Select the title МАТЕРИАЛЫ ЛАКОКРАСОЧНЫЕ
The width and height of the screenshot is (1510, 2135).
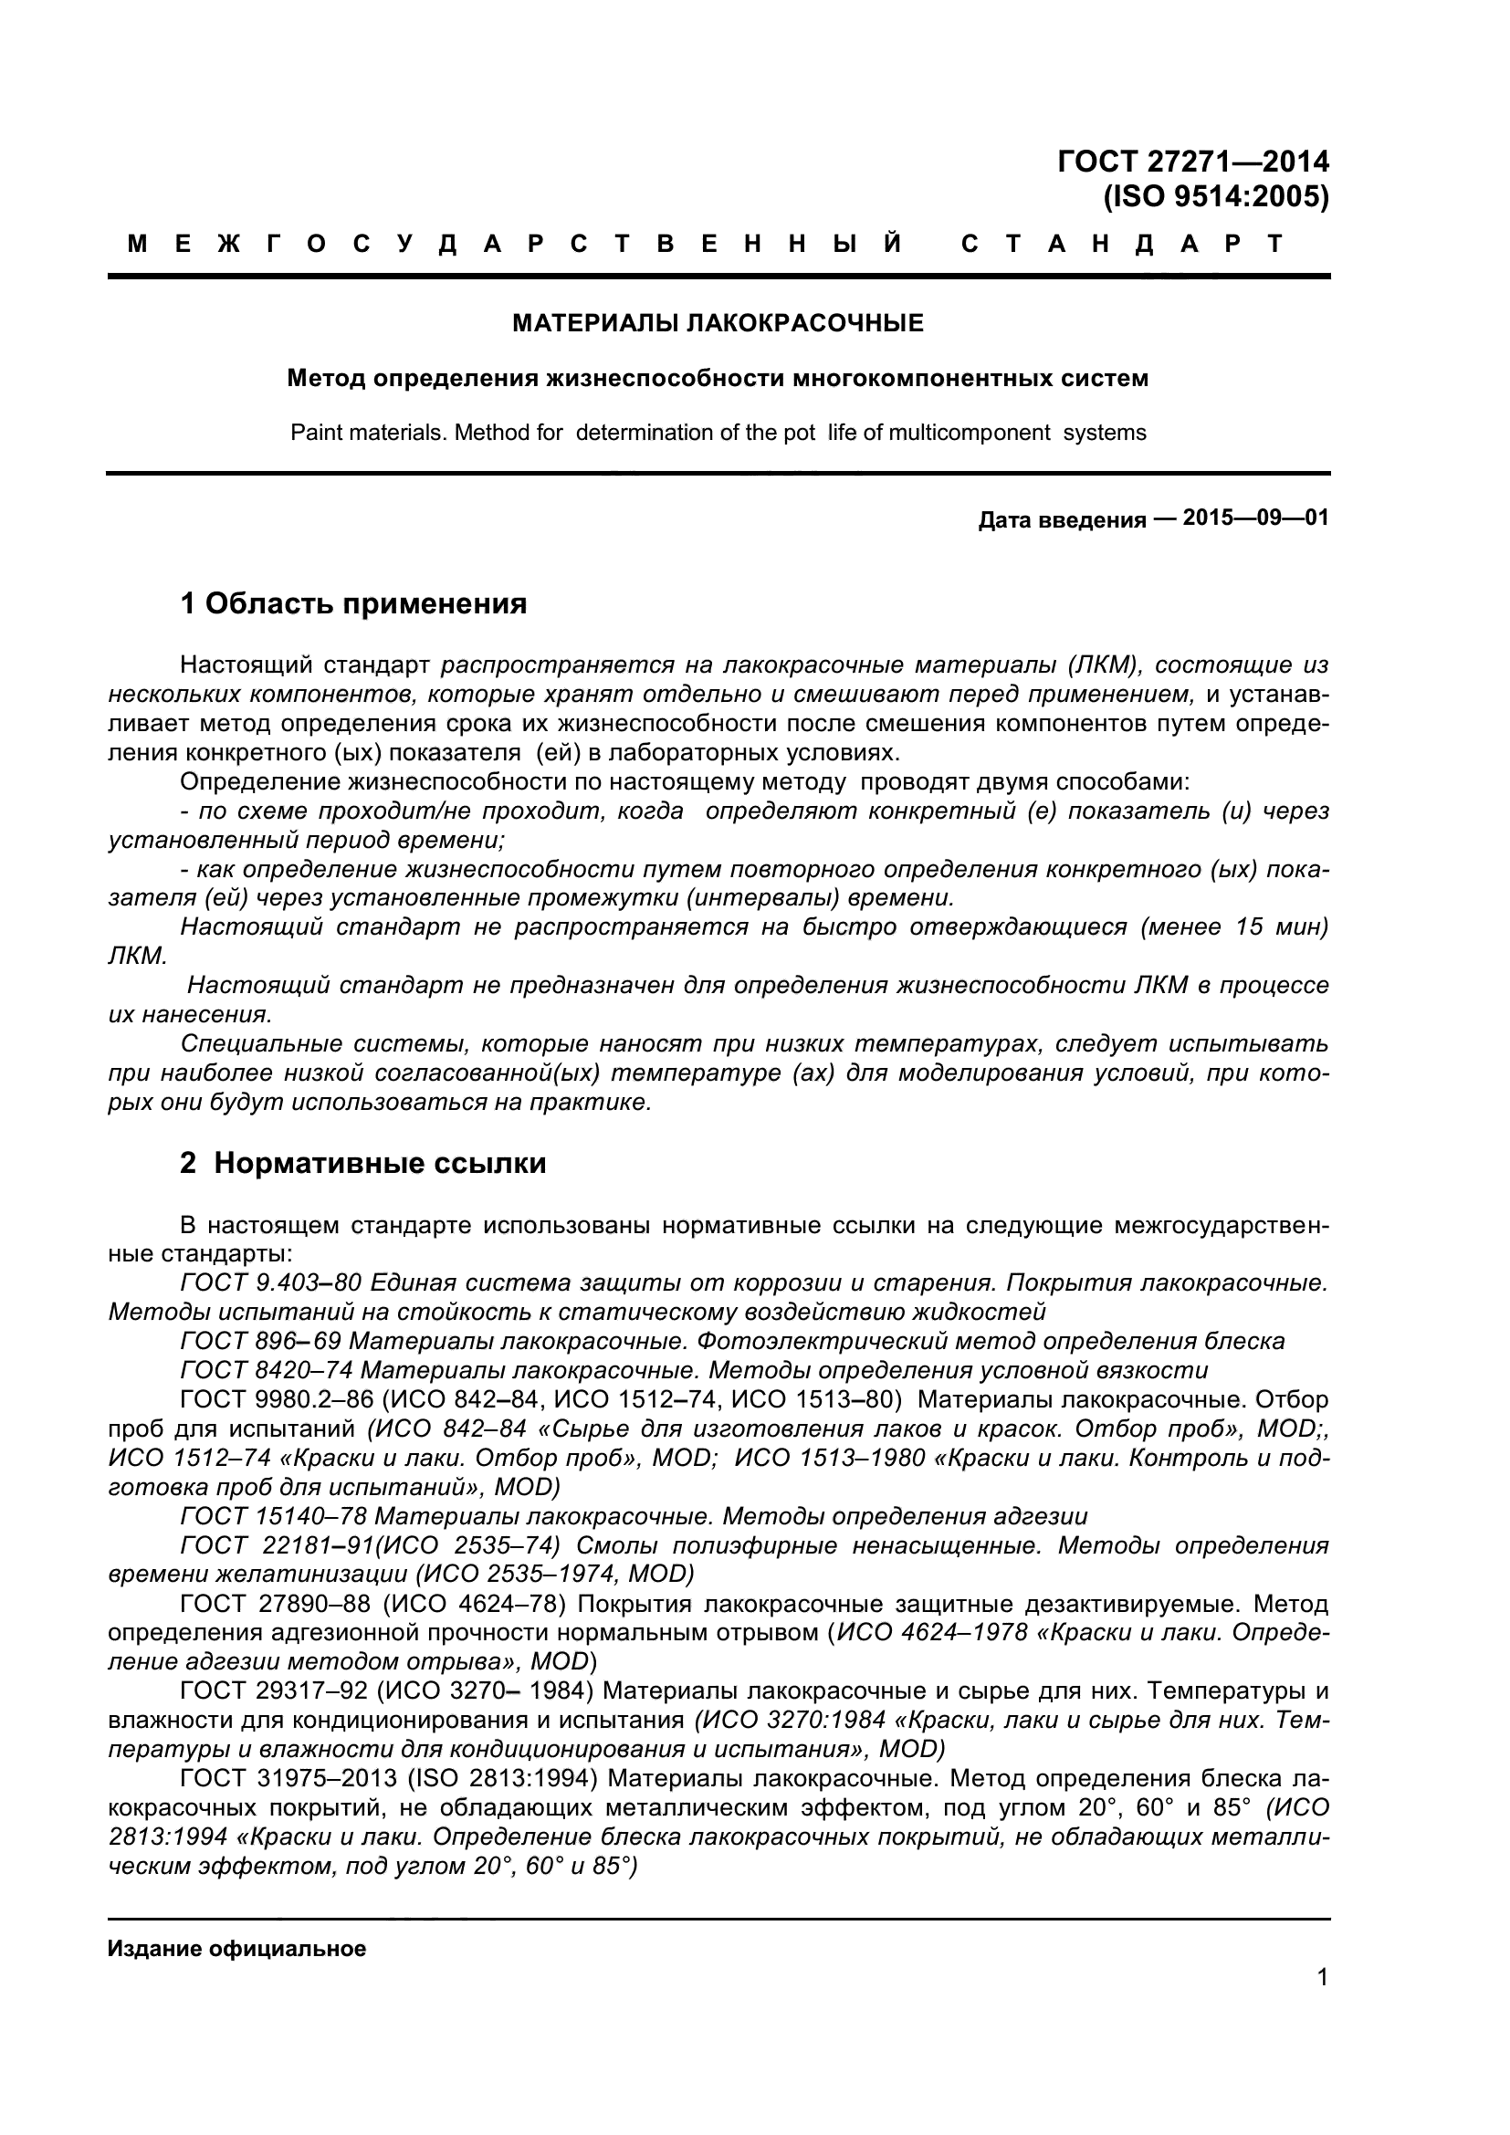718,324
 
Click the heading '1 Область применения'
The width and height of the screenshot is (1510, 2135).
353,603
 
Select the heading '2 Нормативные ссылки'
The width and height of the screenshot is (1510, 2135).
362,1163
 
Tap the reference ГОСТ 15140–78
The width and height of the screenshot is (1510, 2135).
274,1517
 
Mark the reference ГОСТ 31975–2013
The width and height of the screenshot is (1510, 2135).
288,1779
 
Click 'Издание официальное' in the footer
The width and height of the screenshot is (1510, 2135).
237,1949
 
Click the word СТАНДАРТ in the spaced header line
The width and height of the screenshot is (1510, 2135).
1121,245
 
